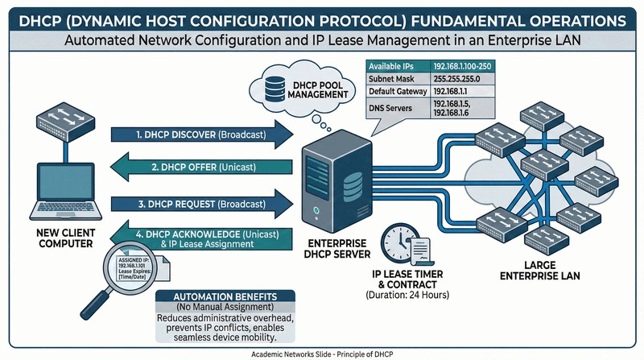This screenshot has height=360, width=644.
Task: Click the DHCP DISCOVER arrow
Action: click(x=201, y=135)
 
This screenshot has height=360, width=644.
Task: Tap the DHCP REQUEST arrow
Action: click(x=201, y=203)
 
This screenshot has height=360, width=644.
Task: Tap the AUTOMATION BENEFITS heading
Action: click(x=212, y=296)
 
